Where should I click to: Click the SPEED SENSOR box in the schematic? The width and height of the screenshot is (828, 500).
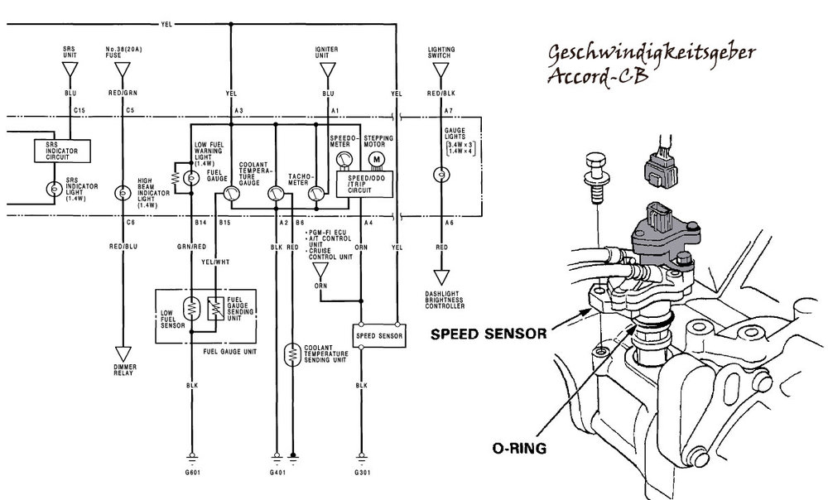click(378, 336)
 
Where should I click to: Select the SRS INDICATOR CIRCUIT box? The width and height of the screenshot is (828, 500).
click(62, 151)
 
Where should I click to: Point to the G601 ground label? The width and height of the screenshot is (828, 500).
click(194, 473)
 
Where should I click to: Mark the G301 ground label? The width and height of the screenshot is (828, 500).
click(362, 473)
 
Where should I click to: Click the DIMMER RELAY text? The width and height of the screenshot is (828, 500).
click(123, 370)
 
